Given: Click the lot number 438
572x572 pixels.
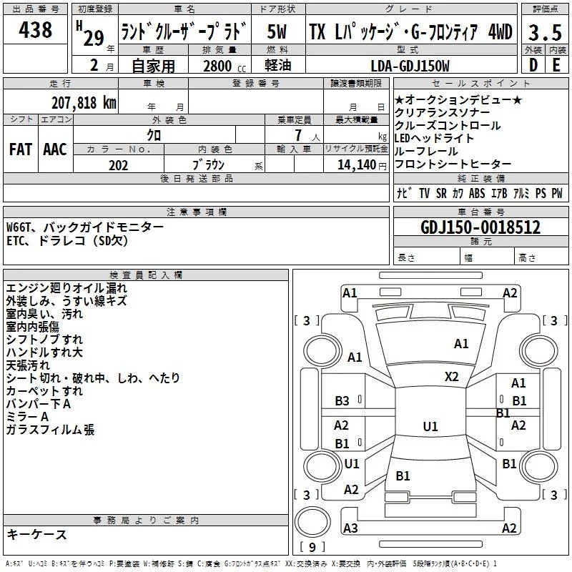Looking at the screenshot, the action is (x=36, y=30).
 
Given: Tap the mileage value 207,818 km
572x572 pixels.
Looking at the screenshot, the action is (x=84, y=102).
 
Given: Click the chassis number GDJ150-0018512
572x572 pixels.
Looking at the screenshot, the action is (x=480, y=228).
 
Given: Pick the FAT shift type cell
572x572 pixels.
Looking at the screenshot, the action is (x=21, y=149).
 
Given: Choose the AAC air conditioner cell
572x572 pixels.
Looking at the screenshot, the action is (x=55, y=149).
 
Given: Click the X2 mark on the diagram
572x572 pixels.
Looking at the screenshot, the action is (x=451, y=376).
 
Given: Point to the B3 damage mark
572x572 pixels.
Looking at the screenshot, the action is (x=342, y=401).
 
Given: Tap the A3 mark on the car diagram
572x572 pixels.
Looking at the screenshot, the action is (x=350, y=528).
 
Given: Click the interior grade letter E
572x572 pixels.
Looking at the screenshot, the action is (x=556, y=65).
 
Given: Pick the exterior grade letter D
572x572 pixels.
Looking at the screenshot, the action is (x=532, y=65).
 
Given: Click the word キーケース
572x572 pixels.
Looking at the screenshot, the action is (x=36, y=534).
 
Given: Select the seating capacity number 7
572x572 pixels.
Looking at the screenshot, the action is (x=296, y=135).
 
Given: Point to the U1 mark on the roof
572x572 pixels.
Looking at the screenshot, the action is (x=430, y=426).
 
